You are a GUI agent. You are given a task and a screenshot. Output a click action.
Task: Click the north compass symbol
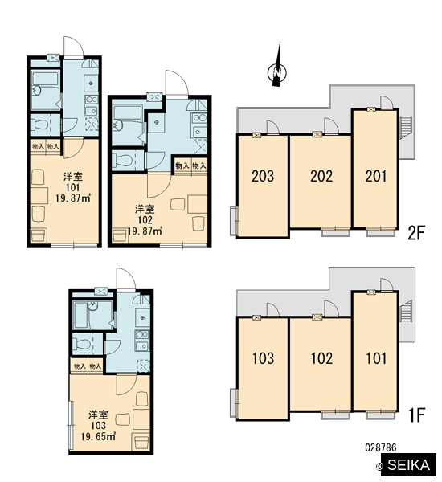click(x=277, y=72)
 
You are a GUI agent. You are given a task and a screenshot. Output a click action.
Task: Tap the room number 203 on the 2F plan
click(x=263, y=176)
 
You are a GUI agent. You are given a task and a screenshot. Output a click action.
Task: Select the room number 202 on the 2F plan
click(x=321, y=176)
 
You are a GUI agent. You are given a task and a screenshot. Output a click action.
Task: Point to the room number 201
click(x=376, y=176)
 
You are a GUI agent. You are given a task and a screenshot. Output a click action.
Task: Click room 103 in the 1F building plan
click(x=263, y=358)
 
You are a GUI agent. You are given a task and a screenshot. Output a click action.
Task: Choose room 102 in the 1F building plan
click(x=321, y=358)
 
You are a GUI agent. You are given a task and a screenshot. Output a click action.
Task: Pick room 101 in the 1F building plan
click(x=376, y=358)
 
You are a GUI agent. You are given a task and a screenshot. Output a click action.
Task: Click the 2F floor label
click(x=415, y=233)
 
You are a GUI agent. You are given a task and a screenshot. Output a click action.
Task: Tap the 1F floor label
click(x=416, y=415)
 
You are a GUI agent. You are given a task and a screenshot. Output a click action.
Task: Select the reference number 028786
click(x=381, y=447)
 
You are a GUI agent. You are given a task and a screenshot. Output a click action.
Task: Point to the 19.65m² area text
click(x=98, y=436)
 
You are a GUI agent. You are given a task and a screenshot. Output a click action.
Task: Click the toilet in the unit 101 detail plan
click(x=41, y=125)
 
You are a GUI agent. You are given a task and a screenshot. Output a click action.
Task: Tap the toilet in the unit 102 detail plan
click(x=122, y=160)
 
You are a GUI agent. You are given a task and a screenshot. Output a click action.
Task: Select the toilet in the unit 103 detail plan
click(x=82, y=344)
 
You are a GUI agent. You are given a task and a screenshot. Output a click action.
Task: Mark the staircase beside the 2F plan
click(x=405, y=128)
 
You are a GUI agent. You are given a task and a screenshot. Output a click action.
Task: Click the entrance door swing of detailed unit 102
click(x=177, y=83)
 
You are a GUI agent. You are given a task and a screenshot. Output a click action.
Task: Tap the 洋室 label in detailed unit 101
click(x=73, y=177)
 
